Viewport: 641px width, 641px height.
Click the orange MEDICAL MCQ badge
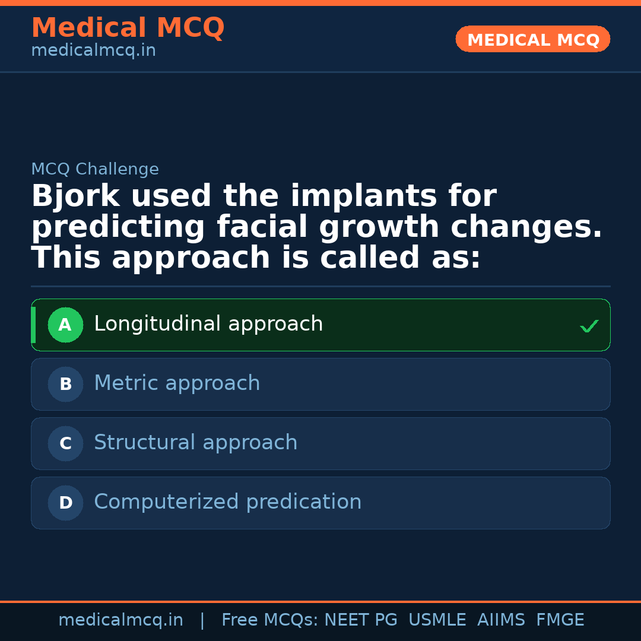(532, 39)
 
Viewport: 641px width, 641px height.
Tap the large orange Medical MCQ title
(128, 28)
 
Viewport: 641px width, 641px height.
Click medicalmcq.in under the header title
(93, 50)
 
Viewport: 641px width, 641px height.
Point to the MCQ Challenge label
(95, 169)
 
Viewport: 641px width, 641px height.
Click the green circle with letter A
(65, 325)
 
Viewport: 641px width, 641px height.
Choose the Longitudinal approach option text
(208, 324)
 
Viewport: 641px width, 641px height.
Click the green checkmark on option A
(589, 326)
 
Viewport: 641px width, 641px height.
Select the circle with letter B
(65, 384)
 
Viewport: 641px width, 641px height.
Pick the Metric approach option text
(177, 383)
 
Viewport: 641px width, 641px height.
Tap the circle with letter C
(65, 443)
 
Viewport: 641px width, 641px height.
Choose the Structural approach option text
(195, 443)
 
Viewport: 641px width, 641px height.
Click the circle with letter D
(65, 503)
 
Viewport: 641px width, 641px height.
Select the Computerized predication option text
(227, 502)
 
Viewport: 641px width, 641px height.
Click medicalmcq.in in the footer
(120, 620)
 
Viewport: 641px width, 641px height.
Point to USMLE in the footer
(437, 620)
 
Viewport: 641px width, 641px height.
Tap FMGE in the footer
(560, 620)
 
